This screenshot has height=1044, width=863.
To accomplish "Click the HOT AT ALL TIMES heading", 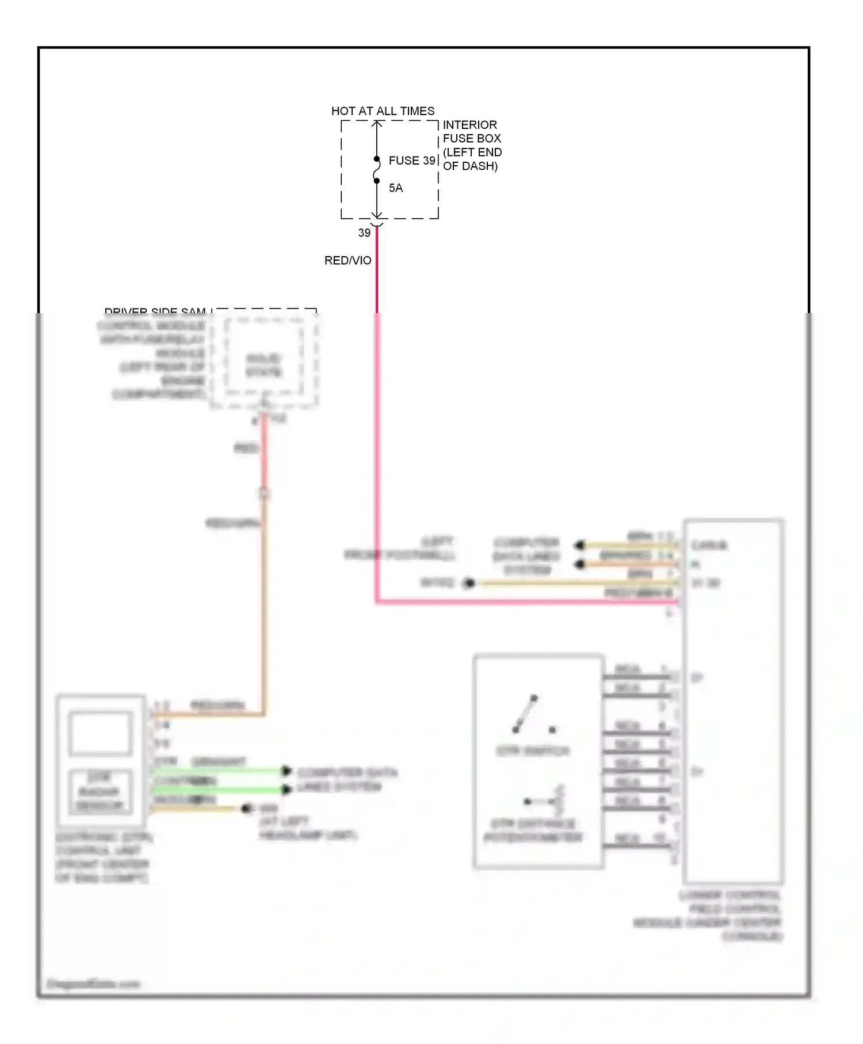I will (x=383, y=111).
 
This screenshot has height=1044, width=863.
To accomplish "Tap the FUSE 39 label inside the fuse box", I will (x=412, y=161).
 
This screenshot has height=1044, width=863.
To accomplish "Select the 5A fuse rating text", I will (x=396, y=188).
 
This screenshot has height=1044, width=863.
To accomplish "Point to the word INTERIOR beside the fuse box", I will (x=469, y=125).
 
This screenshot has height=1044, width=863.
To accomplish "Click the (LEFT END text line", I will (x=472, y=152).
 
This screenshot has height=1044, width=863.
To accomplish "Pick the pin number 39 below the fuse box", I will (x=364, y=233).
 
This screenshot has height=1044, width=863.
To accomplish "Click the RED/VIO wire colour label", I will (x=348, y=261).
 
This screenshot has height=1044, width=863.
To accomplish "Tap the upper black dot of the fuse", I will (x=377, y=159).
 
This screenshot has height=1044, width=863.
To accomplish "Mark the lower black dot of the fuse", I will (x=377, y=181).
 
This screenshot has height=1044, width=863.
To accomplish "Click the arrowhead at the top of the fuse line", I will (x=377, y=124).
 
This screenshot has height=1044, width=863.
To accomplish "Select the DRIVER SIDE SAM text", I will (x=155, y=312).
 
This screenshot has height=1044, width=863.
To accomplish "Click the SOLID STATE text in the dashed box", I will (x=264, y=365).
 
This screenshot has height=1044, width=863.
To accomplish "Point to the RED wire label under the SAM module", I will (x=246, y=448).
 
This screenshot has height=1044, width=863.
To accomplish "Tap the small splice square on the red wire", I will (x=264, y=494).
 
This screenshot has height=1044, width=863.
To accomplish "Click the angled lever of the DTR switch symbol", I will (x=525, y=714).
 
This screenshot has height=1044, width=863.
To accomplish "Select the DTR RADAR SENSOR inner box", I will (x=100, y=791).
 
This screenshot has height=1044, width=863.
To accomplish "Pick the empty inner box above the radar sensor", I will (x=100, y=733).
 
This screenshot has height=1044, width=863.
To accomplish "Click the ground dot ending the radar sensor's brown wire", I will (x=247, y=809).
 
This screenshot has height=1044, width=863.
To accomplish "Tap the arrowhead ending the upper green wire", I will (x=287, y=771).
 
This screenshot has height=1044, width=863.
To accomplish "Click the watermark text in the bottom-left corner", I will (x=93, y=984).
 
